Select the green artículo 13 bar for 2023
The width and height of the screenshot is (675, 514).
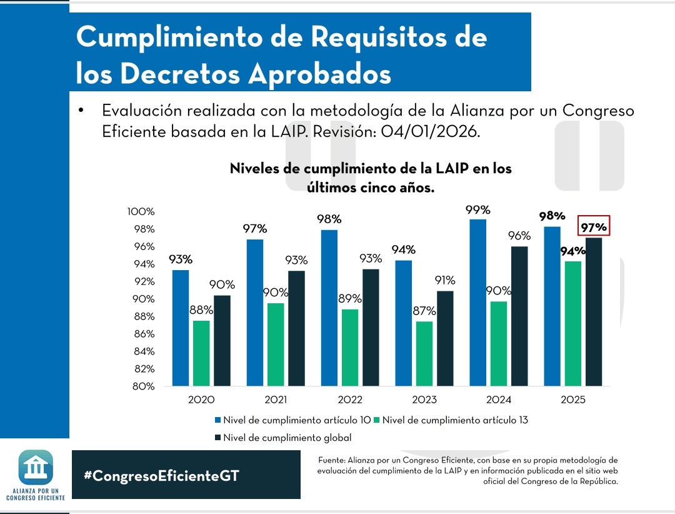click(x=424, y=353)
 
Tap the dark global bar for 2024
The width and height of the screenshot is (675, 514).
click(x=519, y=316)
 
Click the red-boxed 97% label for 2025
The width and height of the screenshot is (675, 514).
click(x=593, y=228)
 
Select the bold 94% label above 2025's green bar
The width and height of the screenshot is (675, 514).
click(x=573, y=251)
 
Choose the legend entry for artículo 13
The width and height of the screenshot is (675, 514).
click(x=454, y=420)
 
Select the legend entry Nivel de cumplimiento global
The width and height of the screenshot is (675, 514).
click(x=287, y=438)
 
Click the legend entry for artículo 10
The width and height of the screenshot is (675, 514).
click(x=296, y=420)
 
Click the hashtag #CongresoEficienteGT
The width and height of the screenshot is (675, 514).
click(x=161, y=475)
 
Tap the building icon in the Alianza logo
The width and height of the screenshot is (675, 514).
click(x=36, y=466)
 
